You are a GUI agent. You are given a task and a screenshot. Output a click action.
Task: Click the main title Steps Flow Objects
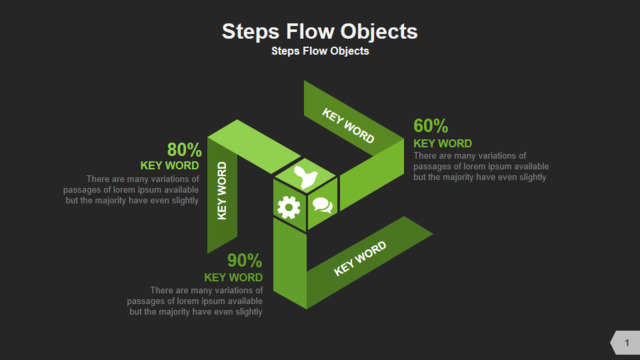[320, 32]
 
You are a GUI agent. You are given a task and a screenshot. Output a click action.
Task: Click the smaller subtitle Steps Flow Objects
[320, 51]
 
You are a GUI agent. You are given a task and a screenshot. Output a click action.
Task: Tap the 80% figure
[184, 149]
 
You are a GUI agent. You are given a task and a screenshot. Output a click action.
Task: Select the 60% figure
[431, 126]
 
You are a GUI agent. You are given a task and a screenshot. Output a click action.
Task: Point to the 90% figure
[244, 260]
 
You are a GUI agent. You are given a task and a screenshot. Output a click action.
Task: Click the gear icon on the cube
[289, 207]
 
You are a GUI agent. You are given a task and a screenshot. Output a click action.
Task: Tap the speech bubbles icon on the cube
[322, 205]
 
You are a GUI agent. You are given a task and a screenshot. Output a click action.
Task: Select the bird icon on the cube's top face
[305, 177]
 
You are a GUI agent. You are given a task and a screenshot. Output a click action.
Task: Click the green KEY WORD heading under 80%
[170, 165]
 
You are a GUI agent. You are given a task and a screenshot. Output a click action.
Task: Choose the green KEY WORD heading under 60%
[442, 144]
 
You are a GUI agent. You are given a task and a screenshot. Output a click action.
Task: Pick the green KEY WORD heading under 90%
[233, 278]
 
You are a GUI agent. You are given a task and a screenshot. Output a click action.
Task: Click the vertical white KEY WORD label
[222, 191]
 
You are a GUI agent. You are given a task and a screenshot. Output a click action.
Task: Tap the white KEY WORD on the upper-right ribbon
[348, 126]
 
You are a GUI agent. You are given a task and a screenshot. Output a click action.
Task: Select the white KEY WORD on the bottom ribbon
[360, 258]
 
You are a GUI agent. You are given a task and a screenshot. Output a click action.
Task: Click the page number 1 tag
[625, 342]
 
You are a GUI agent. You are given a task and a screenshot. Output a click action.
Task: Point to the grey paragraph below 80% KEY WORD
[131, 190]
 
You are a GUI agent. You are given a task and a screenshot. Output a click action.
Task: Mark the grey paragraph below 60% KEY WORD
[481, 167]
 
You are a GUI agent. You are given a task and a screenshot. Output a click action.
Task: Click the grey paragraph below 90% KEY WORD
[195, 301]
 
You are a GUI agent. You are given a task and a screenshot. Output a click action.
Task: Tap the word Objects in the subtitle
[349, 51]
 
